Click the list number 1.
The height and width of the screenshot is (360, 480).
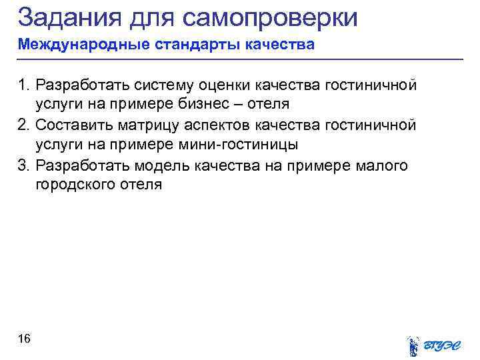[24, 85]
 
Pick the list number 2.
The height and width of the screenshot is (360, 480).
[24, 125]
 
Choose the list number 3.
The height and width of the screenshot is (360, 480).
[24, 165]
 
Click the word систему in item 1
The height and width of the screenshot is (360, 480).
[164, 85]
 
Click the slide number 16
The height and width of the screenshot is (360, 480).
[24, 339]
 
